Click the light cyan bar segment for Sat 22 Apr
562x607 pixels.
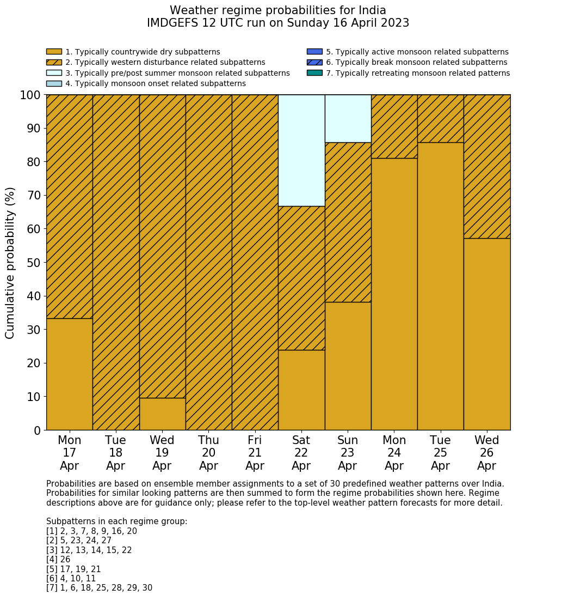(x=301, y=150)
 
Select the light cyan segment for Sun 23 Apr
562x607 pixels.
(x=348, y=118)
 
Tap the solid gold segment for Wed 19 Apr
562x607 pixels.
(x=162, y=414)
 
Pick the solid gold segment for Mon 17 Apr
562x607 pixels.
(x=69, y=374)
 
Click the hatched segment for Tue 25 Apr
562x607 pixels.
(x=440, y=118)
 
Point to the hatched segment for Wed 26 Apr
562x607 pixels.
(x=487, y=166)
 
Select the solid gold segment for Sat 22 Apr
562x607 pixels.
(x=301, y=390)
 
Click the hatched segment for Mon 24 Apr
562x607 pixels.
(x=394, y=126)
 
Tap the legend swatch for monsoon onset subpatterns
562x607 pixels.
(x=54, y=83)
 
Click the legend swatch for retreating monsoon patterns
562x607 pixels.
(x=314, y=73)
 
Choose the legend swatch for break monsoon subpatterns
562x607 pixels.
(x=314, y=63)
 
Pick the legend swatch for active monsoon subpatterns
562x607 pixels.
(x=314, y=52)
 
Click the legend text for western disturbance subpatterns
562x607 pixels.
(x=165, y=63)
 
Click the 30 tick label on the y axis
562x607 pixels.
(x=34, y=330)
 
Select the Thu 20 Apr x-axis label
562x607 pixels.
(x=208, y=453)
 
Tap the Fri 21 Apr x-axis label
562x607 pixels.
(x=255, y=453)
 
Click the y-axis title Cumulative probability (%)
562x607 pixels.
(x=10, y=263)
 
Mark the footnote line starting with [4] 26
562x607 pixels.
(x=58, y=560)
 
